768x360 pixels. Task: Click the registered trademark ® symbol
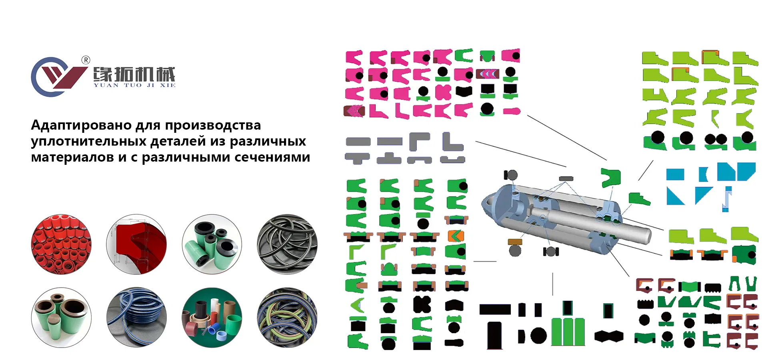86,60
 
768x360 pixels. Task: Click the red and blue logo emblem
59,77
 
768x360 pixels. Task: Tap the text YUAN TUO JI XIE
134,85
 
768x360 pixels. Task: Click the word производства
213,126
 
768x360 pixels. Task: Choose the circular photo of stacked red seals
61,244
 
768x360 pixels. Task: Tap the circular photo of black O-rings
287,244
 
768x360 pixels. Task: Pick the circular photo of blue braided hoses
136,317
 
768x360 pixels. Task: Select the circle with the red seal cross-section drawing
136,244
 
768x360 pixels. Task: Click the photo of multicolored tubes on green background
212,317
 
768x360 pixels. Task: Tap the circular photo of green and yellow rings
287,317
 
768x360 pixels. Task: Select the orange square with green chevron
456,236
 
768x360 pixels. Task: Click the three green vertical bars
568,332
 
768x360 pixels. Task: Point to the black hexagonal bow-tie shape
609,336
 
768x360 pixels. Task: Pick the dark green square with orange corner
744,255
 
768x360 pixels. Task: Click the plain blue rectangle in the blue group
675,174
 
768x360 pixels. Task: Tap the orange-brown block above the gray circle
515,242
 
